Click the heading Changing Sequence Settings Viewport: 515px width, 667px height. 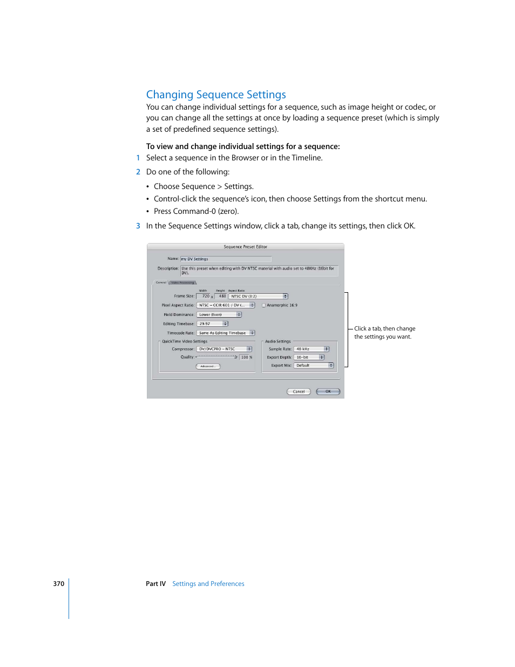click(216, 95)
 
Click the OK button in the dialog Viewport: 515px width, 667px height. click(328, 392)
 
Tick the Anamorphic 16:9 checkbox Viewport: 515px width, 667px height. click(264, 306)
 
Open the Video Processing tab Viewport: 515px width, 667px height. click(183, 282)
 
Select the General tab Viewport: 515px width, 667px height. click(161, 282)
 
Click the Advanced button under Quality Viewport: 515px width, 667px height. click(208, 366)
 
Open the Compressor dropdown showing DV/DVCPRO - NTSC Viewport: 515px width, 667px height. click(224, 349)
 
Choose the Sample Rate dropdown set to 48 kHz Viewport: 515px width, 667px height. click(311, 349)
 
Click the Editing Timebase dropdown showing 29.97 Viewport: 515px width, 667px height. click(212, 324)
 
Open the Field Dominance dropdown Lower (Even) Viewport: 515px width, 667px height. click(219, 315)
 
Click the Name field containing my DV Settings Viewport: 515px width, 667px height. click(225, 259)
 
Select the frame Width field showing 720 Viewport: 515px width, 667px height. click(204, 297)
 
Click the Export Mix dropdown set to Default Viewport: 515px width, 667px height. click(314, 366)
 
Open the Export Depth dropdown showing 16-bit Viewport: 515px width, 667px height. click(309, 358)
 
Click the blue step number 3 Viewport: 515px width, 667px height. click(138, 226)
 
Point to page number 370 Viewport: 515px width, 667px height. click(58, 584)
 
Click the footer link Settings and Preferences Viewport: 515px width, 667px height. click(208, 584)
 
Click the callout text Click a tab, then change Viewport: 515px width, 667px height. click(384, 328)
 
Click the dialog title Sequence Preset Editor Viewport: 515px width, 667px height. click(245, 247)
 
